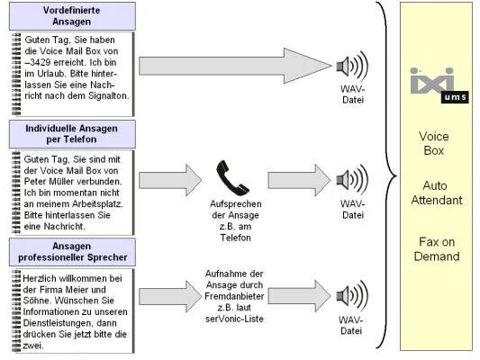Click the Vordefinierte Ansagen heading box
click(x=73, y=16)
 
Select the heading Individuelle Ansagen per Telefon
click(x=73, y=136)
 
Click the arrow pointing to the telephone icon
click(x=162, y=179)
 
